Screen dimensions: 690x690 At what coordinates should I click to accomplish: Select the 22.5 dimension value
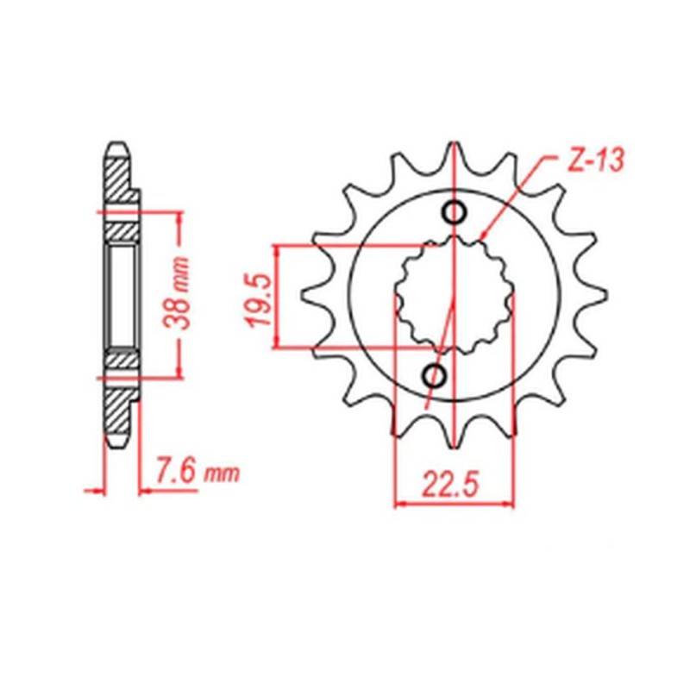451,487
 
